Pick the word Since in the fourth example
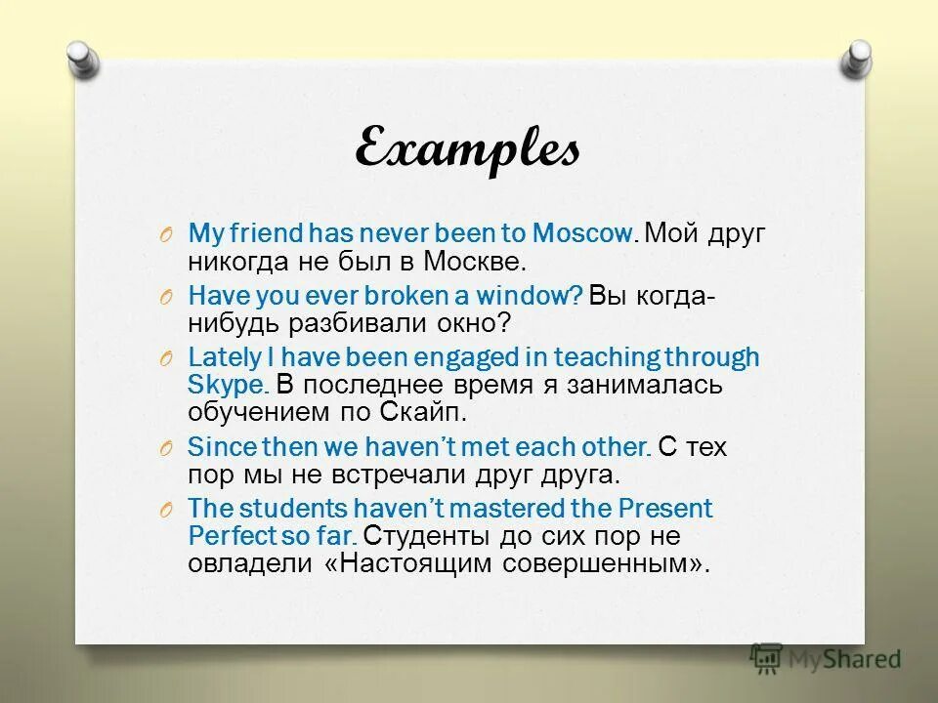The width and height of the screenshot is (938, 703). [219, 447]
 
